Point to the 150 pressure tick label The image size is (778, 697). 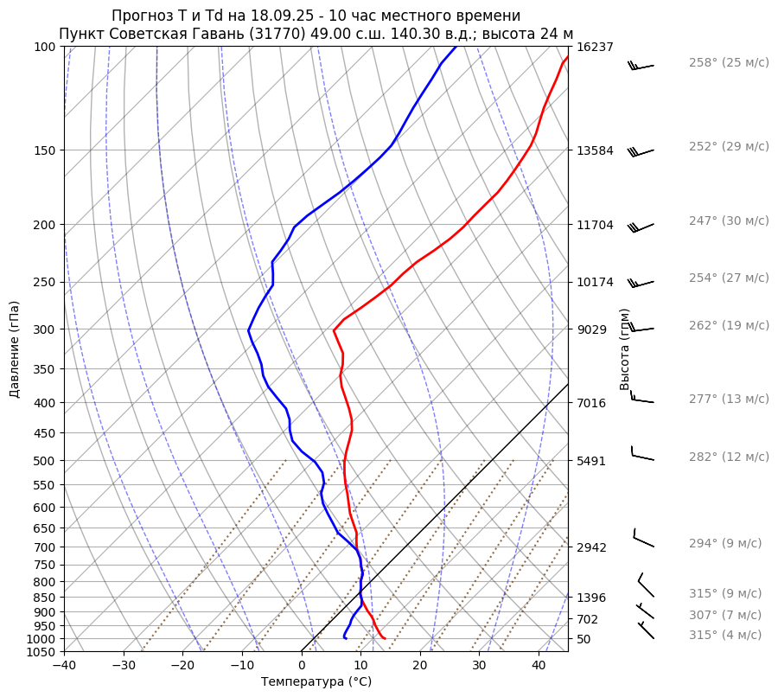45,150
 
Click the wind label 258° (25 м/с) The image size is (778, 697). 729,63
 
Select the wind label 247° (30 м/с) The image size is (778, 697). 729,221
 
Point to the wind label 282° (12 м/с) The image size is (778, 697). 729,457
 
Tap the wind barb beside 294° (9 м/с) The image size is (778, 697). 643,539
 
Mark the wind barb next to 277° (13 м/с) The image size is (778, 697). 642,399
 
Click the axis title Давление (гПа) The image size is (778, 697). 15,349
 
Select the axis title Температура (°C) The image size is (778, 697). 316,682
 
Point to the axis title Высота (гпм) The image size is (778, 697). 624,349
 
